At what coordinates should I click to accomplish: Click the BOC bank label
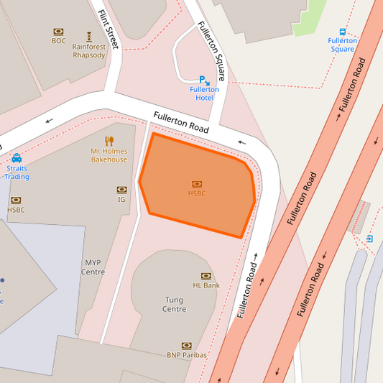pos(58,41)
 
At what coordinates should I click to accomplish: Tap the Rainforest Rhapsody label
pos(89,51)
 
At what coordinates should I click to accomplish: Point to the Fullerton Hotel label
pos(204,93)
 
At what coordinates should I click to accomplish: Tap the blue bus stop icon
pos(342,32)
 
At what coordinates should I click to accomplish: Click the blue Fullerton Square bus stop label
pos(342,45)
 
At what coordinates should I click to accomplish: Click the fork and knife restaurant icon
pos(109,141)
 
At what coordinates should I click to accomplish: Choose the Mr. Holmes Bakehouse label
pos(109,155)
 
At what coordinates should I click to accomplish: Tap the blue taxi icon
pos(17,158)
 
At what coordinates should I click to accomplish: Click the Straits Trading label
pos(17,172)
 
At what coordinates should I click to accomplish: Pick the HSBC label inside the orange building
pos(197,193)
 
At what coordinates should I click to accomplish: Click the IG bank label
pos(121,199)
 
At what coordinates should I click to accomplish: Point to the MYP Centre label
pos(93,267)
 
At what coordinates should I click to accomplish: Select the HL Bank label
pos(206,285)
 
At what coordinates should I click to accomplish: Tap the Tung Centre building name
pos(175,305)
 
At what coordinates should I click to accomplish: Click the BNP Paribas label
pos(186,355)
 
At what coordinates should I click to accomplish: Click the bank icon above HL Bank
pos(206,276)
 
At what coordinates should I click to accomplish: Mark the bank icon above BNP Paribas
pos(186,346)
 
